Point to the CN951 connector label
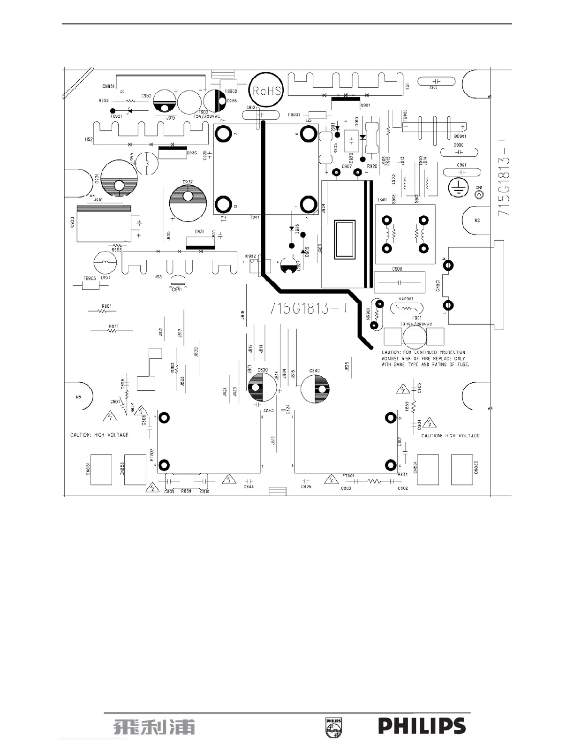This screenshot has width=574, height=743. point(108,87)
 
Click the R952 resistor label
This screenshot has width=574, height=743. point(104,100)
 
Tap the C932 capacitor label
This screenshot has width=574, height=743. point(188,182)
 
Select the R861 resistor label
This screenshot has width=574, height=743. point(106,306)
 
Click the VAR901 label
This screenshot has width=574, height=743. point(406,299)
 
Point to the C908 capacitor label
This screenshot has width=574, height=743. point(397,269)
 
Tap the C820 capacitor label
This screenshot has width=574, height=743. point(263,370)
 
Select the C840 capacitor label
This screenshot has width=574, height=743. point(314,371)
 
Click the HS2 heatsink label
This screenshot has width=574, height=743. point(88,140)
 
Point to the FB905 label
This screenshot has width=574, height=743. point(90,278)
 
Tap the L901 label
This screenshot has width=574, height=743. point(382,200)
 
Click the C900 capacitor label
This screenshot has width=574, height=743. point(459,145)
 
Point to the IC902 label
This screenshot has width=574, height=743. point(250,257)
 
